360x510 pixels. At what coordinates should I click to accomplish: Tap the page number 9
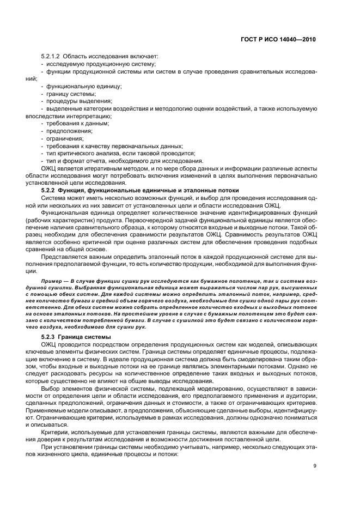[x=315, y=481]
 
